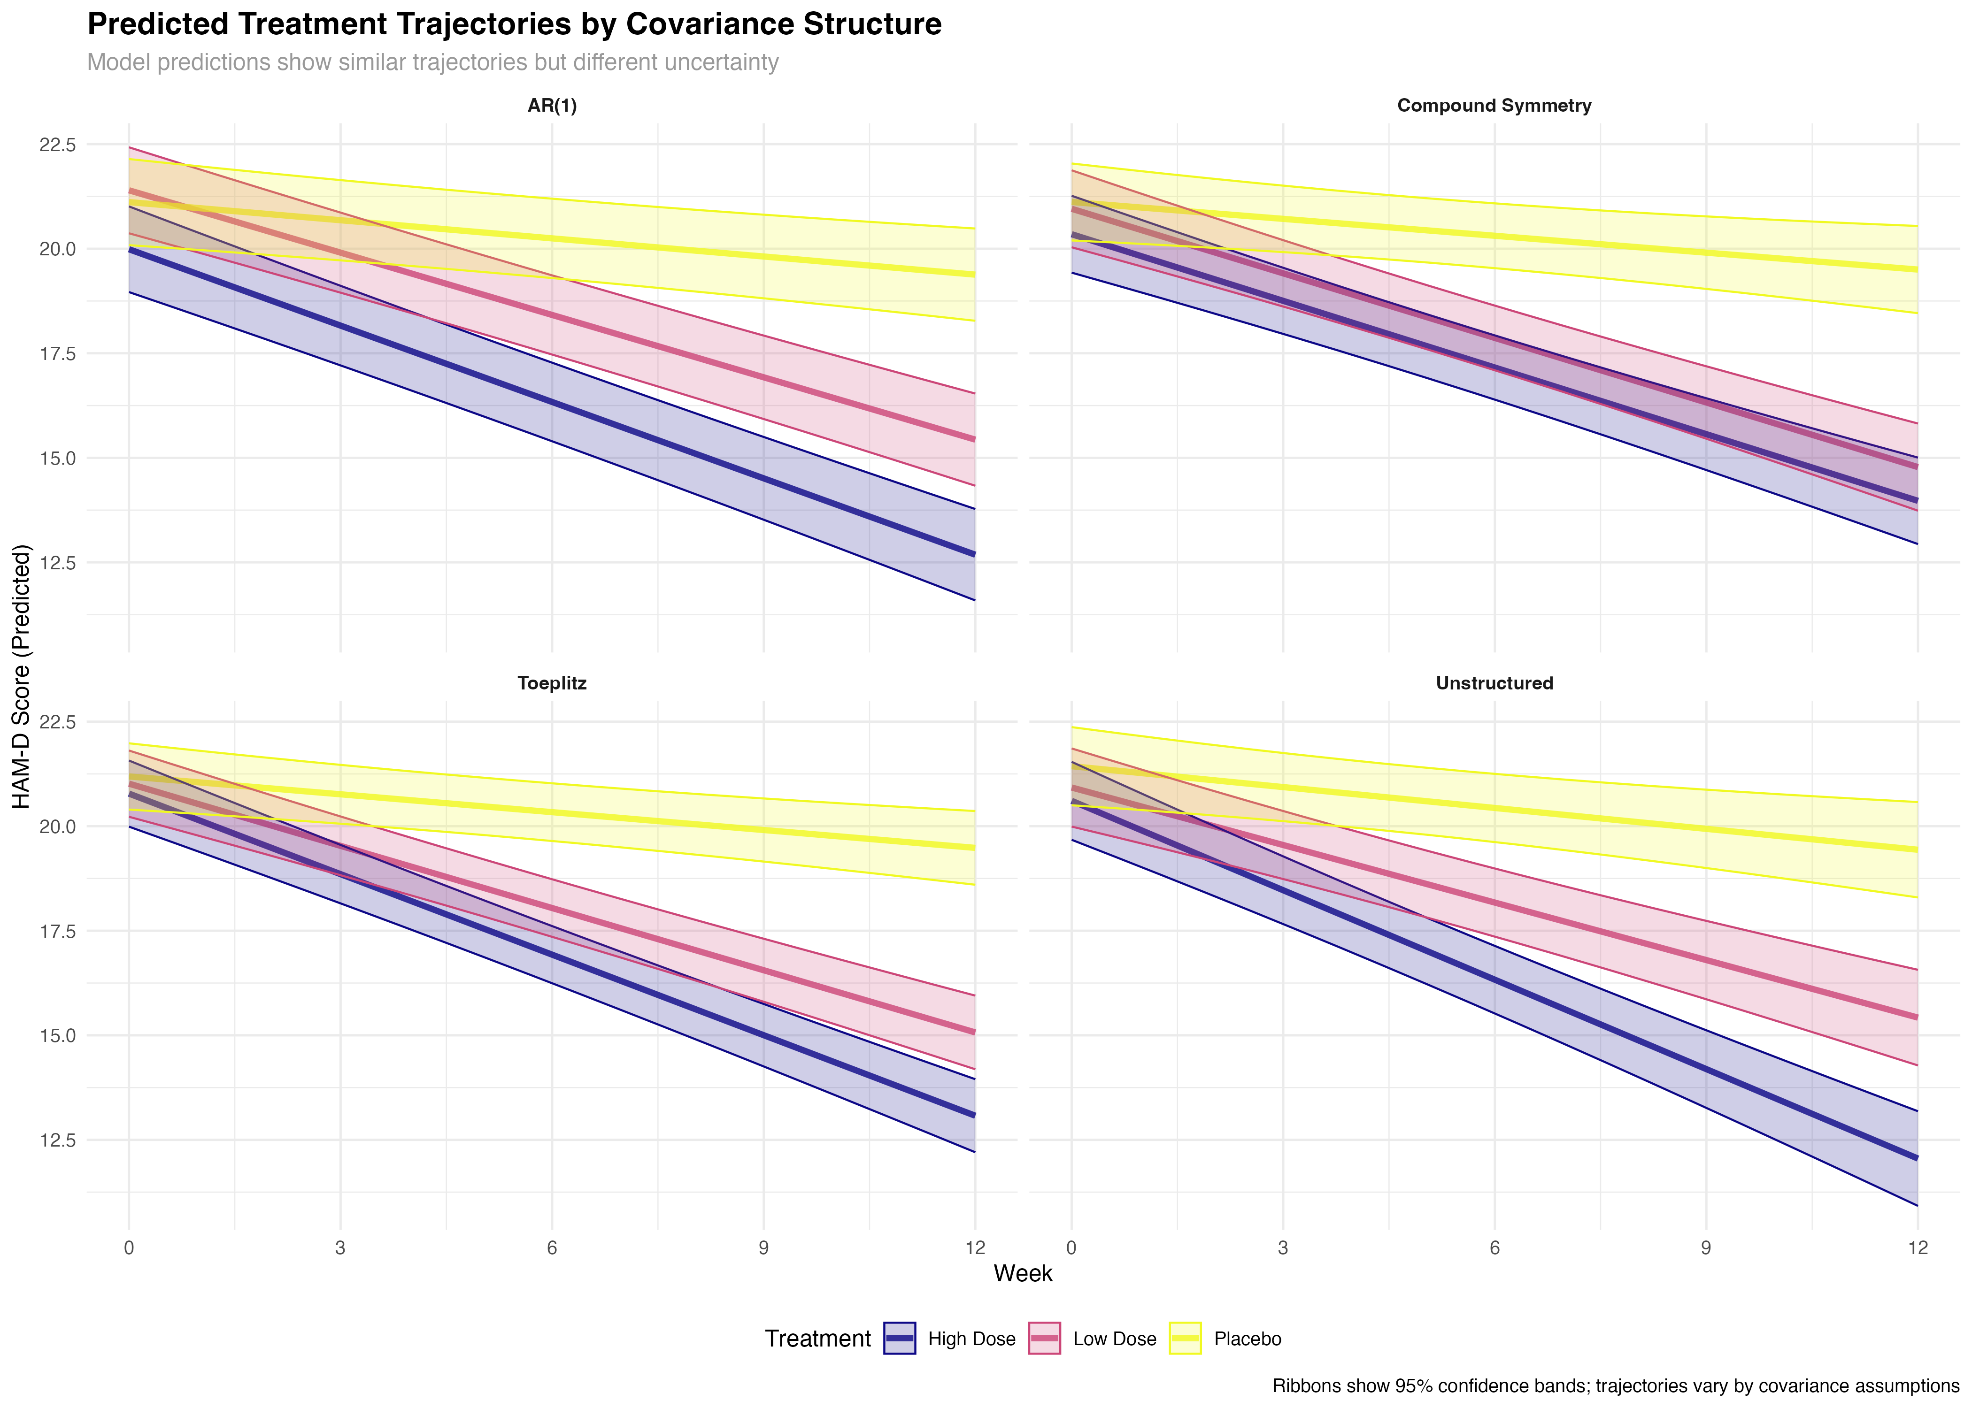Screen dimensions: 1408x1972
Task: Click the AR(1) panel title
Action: [x=553, y=106]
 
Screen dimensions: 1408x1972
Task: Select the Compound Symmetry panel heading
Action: [x=1494, y=106]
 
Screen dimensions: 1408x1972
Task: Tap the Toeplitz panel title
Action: [x=553, y=683]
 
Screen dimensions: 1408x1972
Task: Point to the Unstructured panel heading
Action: [x=1494, y=683]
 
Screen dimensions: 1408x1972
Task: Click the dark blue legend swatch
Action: [x=899, y=1338]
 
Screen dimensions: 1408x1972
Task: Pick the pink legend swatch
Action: [x=1044, y=1338]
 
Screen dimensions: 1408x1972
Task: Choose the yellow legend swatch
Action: [x=1186, y=1338]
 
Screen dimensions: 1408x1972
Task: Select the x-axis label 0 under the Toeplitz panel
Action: [x=129, y=1248]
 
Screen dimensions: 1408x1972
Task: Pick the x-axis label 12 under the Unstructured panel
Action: [x=1918, y=1248]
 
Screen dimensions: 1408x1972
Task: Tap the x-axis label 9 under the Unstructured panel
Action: [x=1706, y=1248]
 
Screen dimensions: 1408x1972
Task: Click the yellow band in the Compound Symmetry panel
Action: [x=1648, y=252]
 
